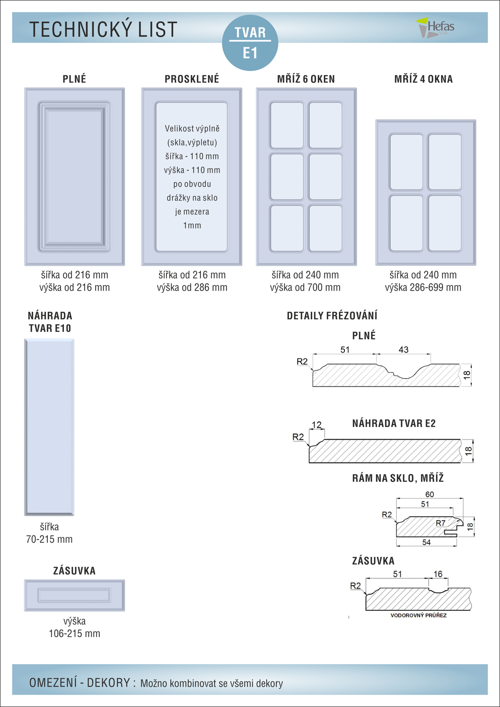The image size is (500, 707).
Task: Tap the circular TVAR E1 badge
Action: tap(250, 43)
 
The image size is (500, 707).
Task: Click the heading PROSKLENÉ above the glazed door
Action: tap(192, 79)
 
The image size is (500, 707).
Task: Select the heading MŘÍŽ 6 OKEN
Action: tap(306, 79)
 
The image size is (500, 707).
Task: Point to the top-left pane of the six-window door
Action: tap(287, 125)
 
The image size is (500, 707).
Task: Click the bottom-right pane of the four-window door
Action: tap(445, 224)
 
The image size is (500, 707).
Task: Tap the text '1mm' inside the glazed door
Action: tap(192, 226)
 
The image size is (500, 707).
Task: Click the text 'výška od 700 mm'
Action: tap(305, 288)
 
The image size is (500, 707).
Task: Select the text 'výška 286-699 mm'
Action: tap(423, 288)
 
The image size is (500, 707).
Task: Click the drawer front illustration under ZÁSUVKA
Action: tap(75, 595)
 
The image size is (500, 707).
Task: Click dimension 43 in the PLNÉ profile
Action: tap(403, 349)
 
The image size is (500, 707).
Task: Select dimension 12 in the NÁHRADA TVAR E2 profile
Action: tap(317, 425)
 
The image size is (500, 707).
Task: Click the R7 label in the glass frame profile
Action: tap(441, 523)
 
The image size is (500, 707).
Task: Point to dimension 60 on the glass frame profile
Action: tap(430, 494)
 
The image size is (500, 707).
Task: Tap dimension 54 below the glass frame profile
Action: tap(426, 542)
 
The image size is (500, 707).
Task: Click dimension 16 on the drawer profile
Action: tap(438, 574)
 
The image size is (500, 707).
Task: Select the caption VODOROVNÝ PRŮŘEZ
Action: tap(418, 615)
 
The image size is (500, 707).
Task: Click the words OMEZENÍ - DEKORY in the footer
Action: tap(79, 682)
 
